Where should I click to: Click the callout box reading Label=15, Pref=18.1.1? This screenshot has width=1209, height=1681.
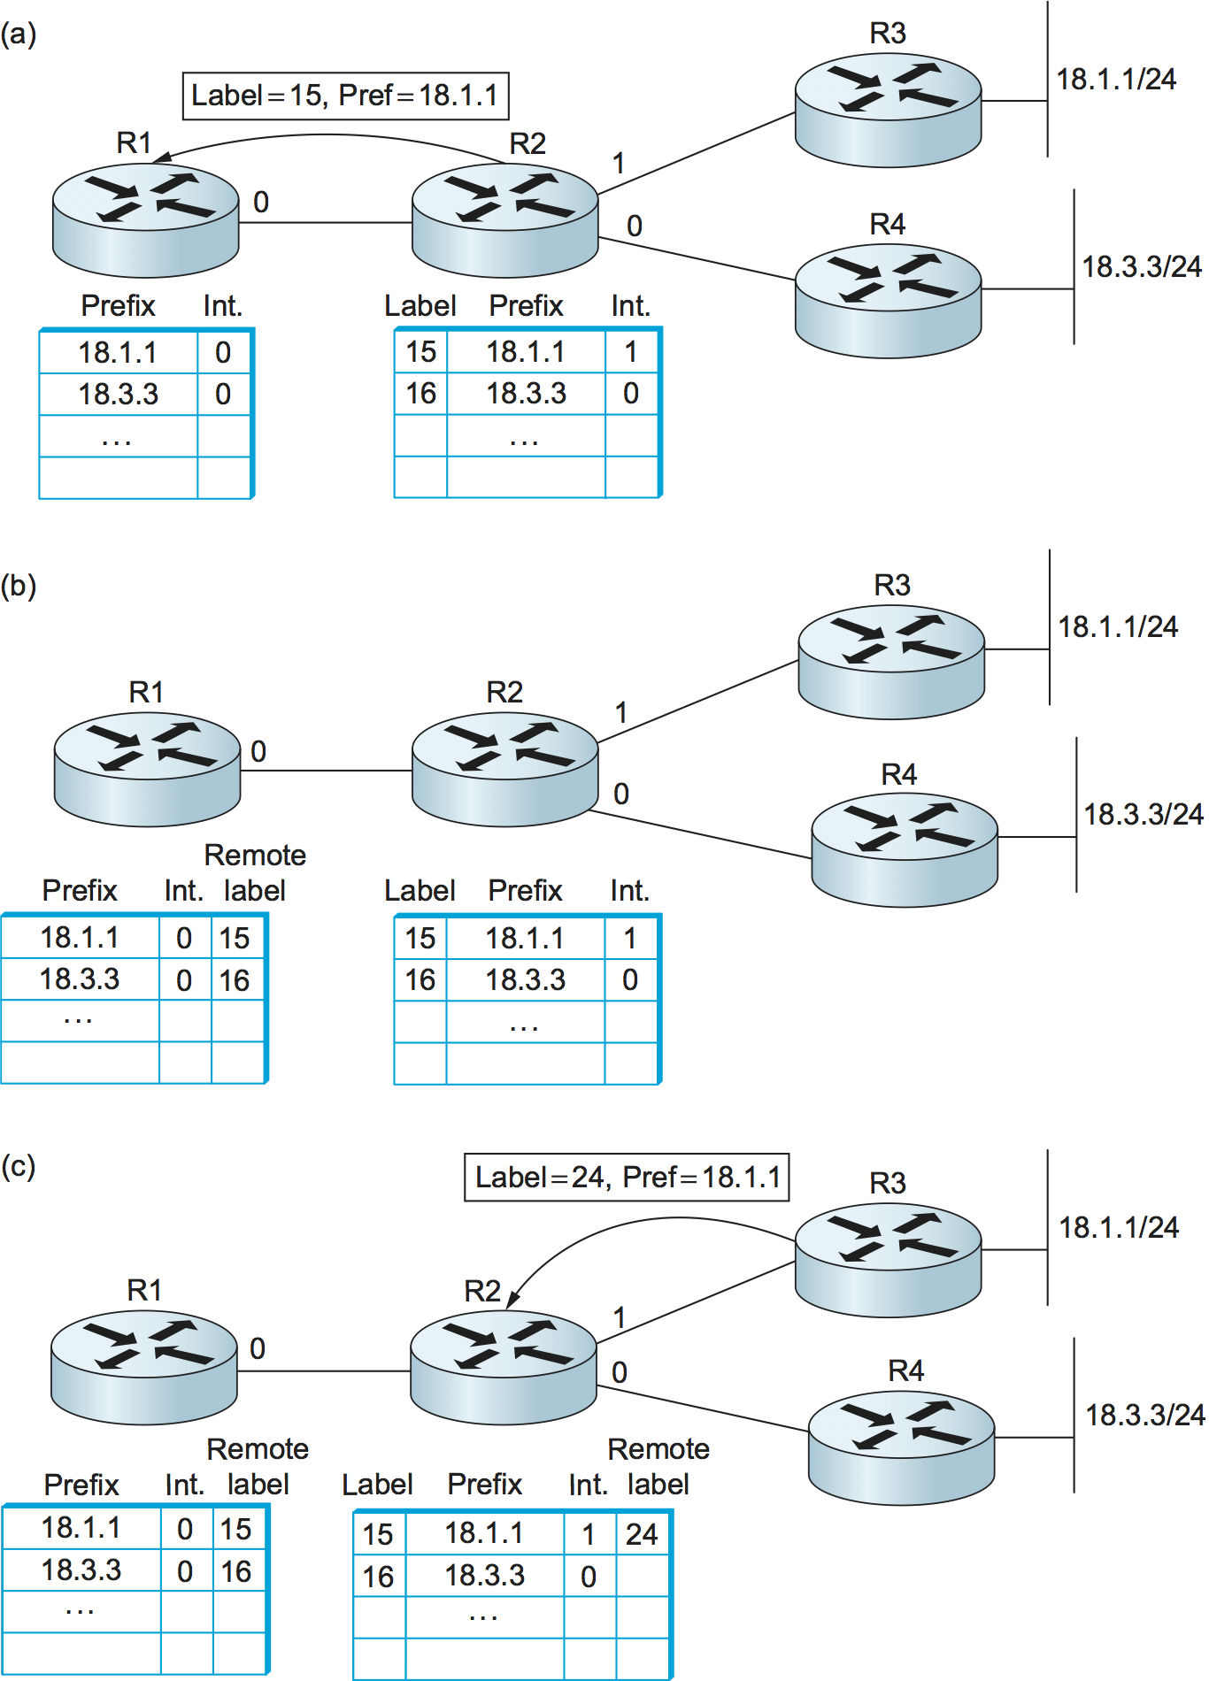coord(345,96)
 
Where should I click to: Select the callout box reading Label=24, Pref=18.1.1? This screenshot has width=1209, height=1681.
coord(627,1178)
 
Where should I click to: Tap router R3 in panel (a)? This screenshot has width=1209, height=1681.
coord(888,110)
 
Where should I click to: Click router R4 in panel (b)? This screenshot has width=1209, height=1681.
coord(905,850)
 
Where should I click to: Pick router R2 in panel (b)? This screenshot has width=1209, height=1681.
coord(504,769)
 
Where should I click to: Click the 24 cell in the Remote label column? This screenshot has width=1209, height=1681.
coord(642,1534)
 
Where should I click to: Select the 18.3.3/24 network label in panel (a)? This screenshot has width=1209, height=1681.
coord(1142,266)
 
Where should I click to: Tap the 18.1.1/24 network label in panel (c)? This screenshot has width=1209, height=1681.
coord(1119,1227)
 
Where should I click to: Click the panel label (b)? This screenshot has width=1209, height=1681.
coord(19,586)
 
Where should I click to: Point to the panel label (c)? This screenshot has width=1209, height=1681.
coord(19,1166)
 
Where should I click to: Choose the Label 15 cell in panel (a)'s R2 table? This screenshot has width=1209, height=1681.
coord(421,352)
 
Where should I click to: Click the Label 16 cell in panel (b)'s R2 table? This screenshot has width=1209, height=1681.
coord(420,979)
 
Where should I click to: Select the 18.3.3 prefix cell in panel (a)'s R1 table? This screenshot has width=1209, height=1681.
coord(118,394)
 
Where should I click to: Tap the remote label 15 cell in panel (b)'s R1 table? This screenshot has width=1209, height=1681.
coord(235,938)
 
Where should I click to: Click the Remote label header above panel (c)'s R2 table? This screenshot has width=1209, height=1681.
coord(658,1466)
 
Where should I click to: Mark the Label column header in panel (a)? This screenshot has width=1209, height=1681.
coord(420,306)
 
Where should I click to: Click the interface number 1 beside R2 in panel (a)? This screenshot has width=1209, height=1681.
coord(619,164)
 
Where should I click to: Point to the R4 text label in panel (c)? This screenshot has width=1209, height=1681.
coord(905,1370)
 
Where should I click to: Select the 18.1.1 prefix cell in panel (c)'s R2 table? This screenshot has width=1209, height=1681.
coord(484,1533)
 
